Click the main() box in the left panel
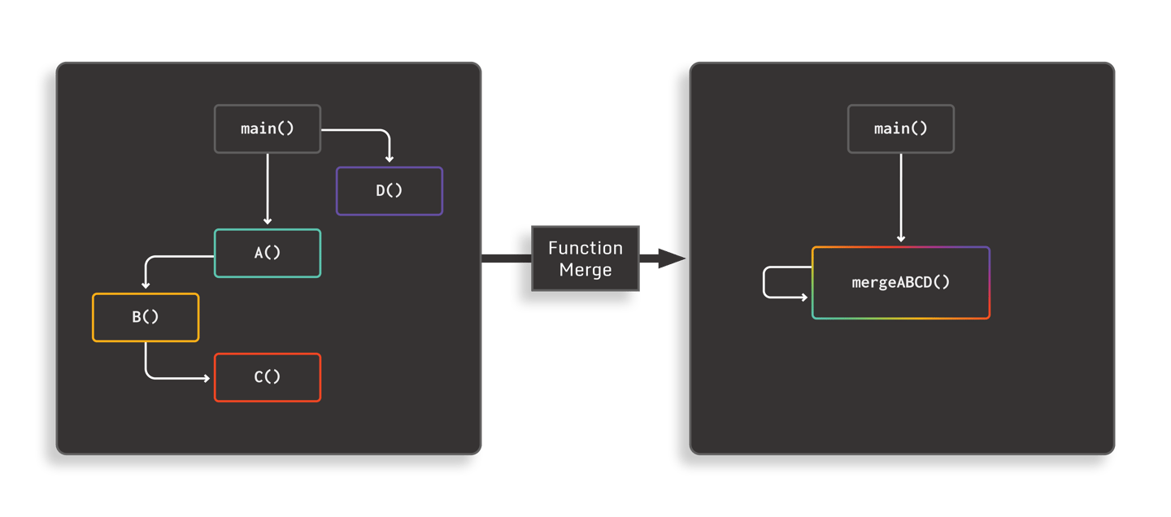click(267, 128)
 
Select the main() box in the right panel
click(900, 128)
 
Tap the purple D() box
click(389, 191)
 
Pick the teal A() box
click(267, 253)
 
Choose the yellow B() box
click(145, 317)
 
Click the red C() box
click(267, 377)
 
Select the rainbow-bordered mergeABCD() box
click(900, 283)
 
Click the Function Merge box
click(585, 258)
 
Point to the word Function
click(585, 248)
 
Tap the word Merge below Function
click(585, 270)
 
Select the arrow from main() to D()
click(366, 130)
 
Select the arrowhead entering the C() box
click(207, 377)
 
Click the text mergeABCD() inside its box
click(900, 283)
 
